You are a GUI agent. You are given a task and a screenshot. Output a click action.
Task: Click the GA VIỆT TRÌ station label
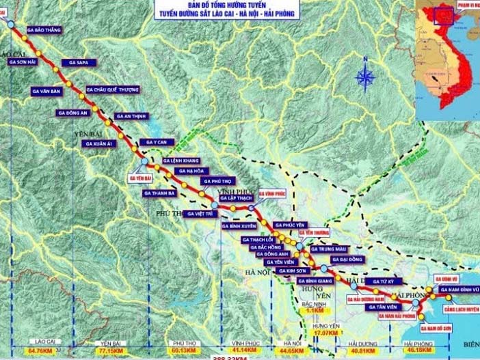click(x=200, y=214)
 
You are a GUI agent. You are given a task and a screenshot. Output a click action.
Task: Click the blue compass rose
click(x=365, y=76)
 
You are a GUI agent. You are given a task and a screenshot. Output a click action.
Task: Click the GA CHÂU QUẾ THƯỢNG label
click(x=112, y=89)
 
